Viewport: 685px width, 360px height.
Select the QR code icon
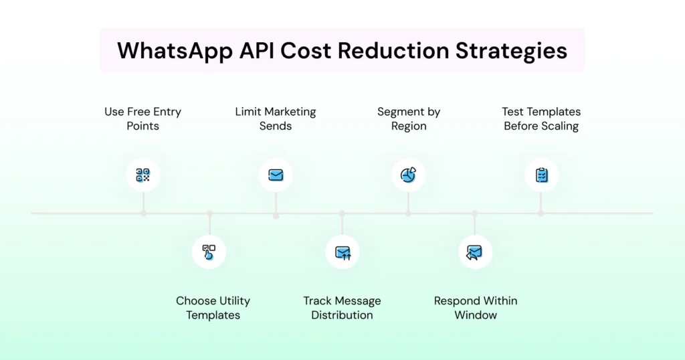143,175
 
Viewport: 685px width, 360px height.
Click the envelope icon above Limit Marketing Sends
276,175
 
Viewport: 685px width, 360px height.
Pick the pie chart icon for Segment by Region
408,175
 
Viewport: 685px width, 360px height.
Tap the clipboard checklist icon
541,175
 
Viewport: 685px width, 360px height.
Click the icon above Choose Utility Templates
209,252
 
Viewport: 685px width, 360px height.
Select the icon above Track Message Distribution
342,252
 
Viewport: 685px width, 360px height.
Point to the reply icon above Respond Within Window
475,252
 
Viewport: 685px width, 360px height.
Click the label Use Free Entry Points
143,118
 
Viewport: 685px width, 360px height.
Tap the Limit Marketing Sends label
276,118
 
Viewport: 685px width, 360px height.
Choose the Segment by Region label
409,118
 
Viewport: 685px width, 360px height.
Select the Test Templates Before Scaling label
541,118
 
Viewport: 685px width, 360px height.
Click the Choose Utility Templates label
213,308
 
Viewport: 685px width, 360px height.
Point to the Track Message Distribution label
342,308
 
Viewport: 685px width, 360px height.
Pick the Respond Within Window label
476,308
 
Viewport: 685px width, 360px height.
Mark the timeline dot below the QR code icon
143,213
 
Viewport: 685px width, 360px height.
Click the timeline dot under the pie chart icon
408,213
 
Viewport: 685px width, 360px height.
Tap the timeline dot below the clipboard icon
541,213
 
